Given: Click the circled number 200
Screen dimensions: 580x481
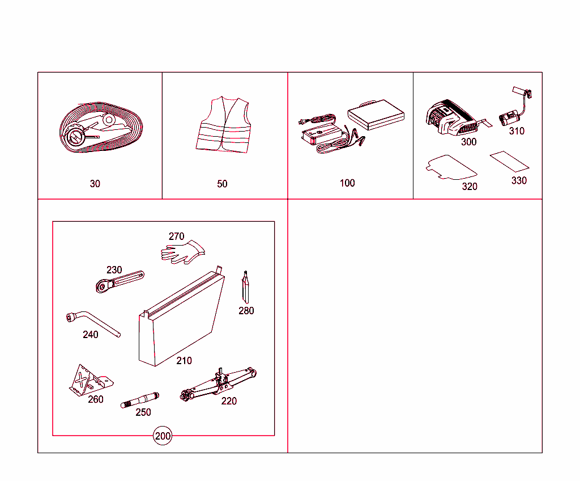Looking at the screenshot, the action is [163, 436].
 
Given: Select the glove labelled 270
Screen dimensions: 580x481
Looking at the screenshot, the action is [182, 252].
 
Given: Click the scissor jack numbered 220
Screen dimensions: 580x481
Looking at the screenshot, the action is [218, 384].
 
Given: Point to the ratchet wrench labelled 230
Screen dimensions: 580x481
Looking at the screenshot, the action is [120, 282].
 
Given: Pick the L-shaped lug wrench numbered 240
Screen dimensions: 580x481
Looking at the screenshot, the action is [93, 323].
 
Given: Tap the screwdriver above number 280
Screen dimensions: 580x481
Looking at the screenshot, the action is [245, 287].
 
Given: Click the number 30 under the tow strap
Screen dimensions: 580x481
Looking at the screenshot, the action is [95, 184].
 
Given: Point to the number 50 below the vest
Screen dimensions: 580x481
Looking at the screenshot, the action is [222, 184].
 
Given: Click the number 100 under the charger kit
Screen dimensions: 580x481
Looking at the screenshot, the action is [347, 183].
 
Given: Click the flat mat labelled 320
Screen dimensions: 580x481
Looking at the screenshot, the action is [451, 167].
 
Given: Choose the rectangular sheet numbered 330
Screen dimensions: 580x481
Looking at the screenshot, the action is [509, 162].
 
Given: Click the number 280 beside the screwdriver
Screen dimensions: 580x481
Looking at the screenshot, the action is [246, 310].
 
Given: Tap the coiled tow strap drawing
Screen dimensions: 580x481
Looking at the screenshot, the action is [101, 128].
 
